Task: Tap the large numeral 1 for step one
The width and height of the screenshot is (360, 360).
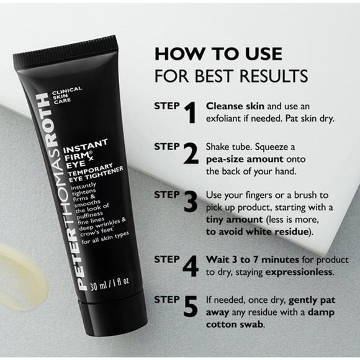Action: (x=190, y=112)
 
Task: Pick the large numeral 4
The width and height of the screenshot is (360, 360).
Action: (x=192, y=266)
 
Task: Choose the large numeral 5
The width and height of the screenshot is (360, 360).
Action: (x=191, y=306)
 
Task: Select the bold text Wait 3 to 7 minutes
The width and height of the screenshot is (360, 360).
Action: (x=243, y=260)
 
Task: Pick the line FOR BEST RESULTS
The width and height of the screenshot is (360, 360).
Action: (x=231, y=77)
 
